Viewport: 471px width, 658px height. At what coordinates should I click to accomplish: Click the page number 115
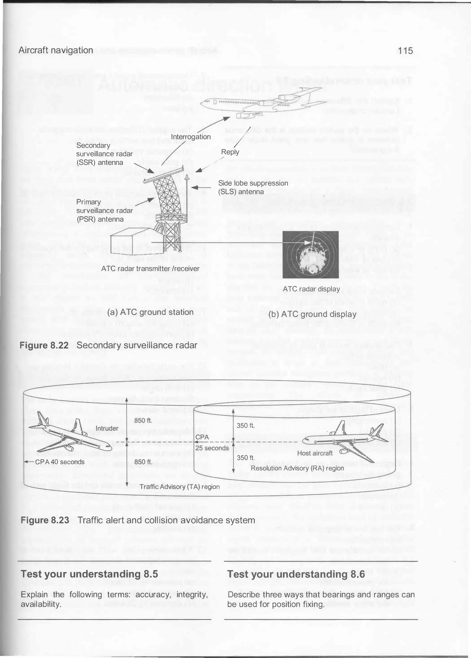point(405,51)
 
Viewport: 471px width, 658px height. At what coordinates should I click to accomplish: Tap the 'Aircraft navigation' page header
point(56,50)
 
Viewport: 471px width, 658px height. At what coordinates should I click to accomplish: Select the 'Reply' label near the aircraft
point(230,152)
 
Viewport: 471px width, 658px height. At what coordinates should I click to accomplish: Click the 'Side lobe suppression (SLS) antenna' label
point(253,187)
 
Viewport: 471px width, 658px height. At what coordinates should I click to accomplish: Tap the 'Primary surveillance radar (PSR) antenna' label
point(104,210)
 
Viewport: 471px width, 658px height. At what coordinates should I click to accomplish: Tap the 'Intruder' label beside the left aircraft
point(107,428)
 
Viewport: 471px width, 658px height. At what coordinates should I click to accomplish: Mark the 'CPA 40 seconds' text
point(60,462)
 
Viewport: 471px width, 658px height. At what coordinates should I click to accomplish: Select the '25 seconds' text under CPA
point(212,448)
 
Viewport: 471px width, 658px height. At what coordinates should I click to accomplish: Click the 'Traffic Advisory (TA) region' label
point(180,487)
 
